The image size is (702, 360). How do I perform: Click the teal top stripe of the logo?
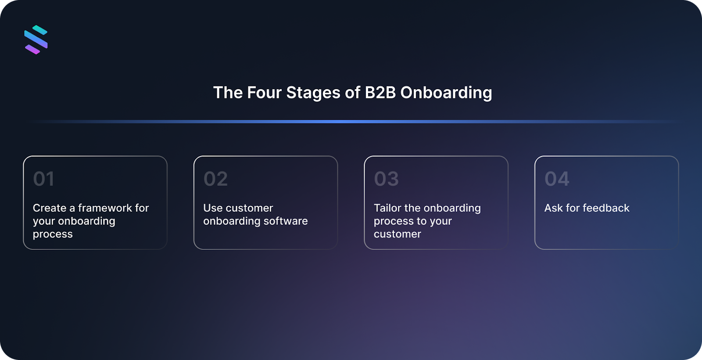tap(40, 30)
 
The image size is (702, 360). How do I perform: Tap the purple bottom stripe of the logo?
tap(32, 50)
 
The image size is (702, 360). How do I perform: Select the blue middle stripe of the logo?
tap(36, 40)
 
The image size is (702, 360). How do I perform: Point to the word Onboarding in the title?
tap(446, 93)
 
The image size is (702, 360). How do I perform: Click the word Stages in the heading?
tap(313, 93)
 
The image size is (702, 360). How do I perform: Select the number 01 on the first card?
tap(43, 179)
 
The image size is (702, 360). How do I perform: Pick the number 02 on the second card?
tap(215, 179)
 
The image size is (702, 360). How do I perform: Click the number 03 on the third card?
tap(386, 179)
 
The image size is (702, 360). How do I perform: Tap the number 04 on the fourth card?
tap(557, 179)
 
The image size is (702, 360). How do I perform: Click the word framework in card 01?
tap(105, 208)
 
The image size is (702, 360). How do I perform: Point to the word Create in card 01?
tap(50, 208)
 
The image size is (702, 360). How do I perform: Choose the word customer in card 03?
tap(398, 234)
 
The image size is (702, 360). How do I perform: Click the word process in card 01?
tap(53, 234)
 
